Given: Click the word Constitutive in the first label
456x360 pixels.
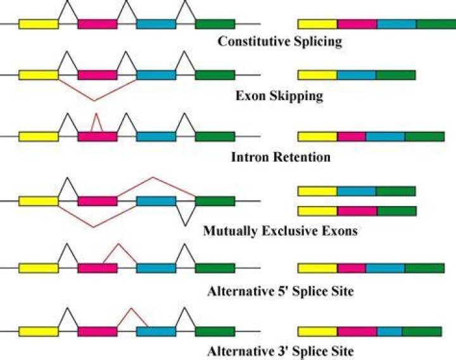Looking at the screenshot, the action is (253, 41).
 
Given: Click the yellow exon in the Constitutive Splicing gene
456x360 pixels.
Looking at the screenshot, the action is (39, 24).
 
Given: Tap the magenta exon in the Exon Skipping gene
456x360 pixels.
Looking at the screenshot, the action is (98, 75).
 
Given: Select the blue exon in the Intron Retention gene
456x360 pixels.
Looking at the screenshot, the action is (156, 136).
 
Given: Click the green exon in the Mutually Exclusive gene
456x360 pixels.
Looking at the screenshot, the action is (215, 201).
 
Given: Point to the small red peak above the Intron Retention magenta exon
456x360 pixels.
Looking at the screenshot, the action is (96, 113).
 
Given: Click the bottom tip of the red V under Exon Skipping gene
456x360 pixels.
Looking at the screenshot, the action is (94, 101).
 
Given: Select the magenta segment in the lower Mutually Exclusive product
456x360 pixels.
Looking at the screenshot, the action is (357, 211).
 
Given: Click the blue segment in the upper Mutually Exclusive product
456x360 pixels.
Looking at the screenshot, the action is (357, 191).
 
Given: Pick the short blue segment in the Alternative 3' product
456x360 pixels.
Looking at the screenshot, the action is (389, 331).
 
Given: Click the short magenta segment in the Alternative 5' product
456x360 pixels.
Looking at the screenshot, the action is (351, 268).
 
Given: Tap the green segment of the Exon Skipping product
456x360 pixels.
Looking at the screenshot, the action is (396, 75).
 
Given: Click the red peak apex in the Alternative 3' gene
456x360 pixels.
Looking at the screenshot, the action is (131, 309).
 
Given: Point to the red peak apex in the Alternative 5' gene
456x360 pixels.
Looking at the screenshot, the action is (118, 243).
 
